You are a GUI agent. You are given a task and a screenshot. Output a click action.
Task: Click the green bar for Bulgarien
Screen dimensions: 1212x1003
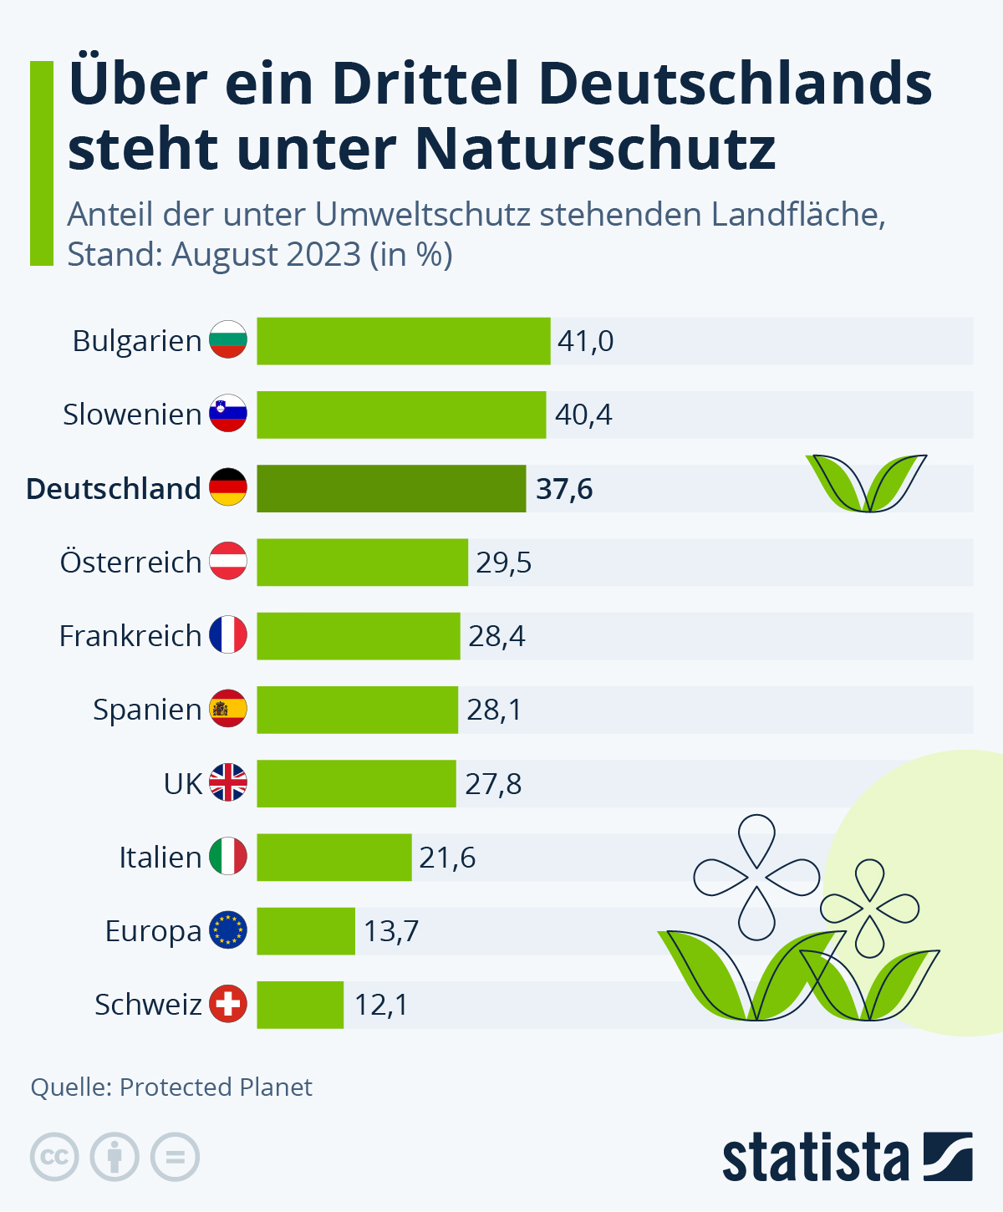(403, 341)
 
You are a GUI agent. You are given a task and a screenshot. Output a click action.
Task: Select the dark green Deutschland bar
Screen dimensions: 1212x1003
(391, 488)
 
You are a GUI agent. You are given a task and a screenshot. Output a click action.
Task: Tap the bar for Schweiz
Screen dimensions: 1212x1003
(300, 1005)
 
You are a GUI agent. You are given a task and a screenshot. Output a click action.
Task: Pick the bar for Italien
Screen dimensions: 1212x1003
(334, 857)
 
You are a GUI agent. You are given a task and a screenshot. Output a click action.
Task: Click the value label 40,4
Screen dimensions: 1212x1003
(583, 415)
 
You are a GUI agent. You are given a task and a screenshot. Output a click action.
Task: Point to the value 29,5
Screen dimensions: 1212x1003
(504, 563)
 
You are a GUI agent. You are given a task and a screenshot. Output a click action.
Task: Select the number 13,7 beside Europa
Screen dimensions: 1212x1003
(391, 931)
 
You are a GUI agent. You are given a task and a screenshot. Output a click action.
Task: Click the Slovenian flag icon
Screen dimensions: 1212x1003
(228, 414)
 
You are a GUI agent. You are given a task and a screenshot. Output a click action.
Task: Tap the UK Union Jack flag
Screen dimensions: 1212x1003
(228, 783)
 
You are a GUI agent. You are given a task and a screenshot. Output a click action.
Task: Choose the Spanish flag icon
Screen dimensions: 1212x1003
(228, 710)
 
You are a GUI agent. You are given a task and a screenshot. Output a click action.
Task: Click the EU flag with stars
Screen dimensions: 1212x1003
(228, 930)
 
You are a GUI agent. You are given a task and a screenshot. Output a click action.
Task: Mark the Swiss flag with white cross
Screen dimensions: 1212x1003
(228, 1004)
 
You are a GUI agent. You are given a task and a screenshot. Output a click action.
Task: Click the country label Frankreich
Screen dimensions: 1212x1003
(130, 636)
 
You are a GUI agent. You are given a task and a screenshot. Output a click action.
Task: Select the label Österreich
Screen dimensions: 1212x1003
(131, 563)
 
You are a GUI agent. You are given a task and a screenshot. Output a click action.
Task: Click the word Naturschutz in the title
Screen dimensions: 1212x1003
(596, 149)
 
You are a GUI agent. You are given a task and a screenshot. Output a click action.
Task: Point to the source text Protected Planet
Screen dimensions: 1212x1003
(216, 1087)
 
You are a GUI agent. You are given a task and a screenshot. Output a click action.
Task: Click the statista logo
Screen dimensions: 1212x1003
(847, 1158)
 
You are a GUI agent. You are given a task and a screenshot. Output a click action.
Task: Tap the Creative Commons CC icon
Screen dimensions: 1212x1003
(54, 1158)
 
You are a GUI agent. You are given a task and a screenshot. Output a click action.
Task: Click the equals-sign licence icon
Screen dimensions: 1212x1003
(175, 1158)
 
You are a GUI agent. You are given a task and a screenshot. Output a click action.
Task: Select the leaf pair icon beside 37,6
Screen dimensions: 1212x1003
(867, 483)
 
